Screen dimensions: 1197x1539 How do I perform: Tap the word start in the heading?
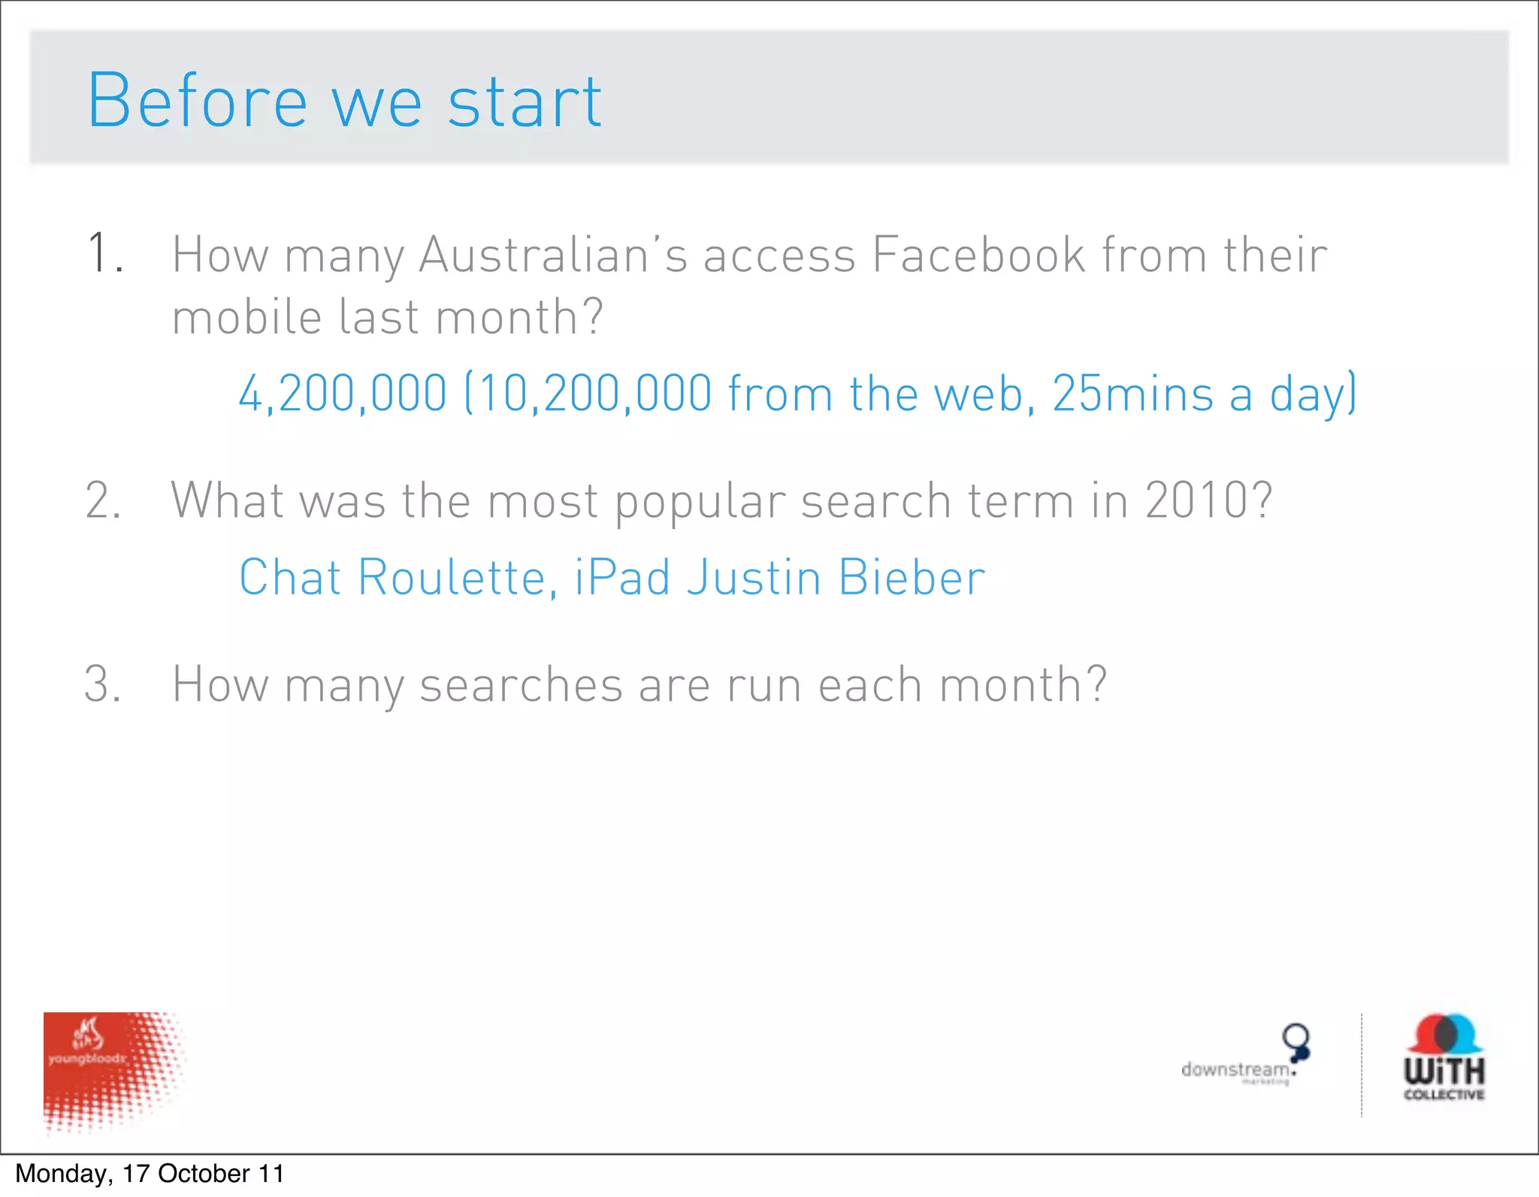(x=525, y=102)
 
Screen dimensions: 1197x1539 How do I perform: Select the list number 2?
(x=103, y=500)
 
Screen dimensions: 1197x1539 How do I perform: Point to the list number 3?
(x=103, y=685)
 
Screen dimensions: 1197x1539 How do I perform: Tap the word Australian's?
(x=552, y=254)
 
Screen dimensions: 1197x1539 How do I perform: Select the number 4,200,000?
(x=343, y=393)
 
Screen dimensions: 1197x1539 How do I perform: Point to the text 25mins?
(x=1132, y=393)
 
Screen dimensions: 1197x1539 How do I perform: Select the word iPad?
(x=622, y=577)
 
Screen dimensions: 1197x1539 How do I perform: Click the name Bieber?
(x=911, y=577)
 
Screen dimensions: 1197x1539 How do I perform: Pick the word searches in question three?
(x=521, y=685)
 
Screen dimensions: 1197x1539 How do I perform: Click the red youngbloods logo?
(x=113, y=1071)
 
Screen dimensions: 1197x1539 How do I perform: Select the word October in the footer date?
(x=204, y=1174)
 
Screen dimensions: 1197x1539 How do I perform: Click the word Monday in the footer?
(x=63, y=1174)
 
